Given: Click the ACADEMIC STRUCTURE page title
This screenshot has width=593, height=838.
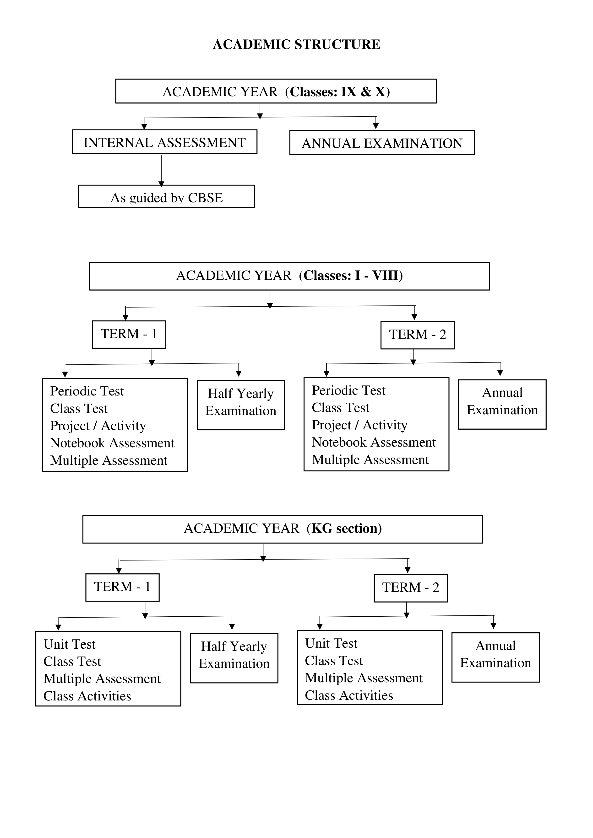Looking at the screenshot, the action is (296, 44).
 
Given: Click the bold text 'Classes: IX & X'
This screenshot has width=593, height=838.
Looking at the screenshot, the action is (340, 92).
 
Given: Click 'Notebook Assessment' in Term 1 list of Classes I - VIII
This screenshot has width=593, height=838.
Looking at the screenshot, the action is (112, 443).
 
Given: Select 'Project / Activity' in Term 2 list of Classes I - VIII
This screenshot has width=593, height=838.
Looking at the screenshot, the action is (359, 425).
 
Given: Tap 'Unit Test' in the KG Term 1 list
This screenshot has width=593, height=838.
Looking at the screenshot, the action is (69, 644).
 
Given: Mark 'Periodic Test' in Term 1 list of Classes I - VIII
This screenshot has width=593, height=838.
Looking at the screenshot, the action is (87, 391).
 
